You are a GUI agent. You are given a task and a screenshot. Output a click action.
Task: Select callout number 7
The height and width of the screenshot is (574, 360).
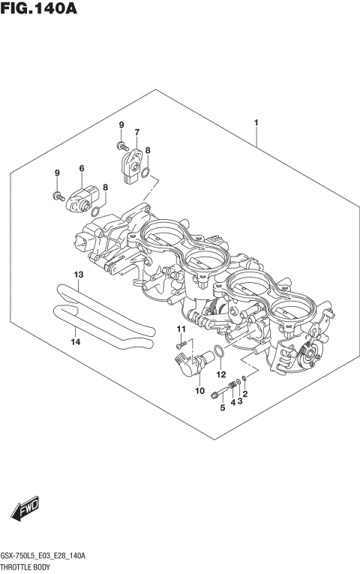pyautogui.click(x=137, y=133)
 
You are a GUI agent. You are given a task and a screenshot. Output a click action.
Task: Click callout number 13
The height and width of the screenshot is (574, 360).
pyautogui.click(x=78, y=275)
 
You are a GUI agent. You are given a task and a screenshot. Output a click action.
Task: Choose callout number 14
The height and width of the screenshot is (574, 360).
pyautogui.click(x=74, y=342)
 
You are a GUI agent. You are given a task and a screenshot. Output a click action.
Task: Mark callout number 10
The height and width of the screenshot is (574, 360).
pyautogui.click(x=199, y=390)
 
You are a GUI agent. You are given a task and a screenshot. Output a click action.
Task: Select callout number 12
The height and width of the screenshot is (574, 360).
pyautogui.click(x=220, y=374)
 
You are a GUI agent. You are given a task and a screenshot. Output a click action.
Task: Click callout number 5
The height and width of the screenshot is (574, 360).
pyautogui.click(x=222, y=407)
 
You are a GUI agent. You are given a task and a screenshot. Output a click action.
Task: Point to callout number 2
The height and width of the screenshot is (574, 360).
pyautogui.click(x=244, y=394)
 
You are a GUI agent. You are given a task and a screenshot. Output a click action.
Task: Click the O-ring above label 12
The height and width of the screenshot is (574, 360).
pyautogui.click(x=216, y=352)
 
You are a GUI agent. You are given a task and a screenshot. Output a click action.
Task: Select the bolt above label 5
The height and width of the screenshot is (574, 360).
pyautogui.click(x=218, y=392)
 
